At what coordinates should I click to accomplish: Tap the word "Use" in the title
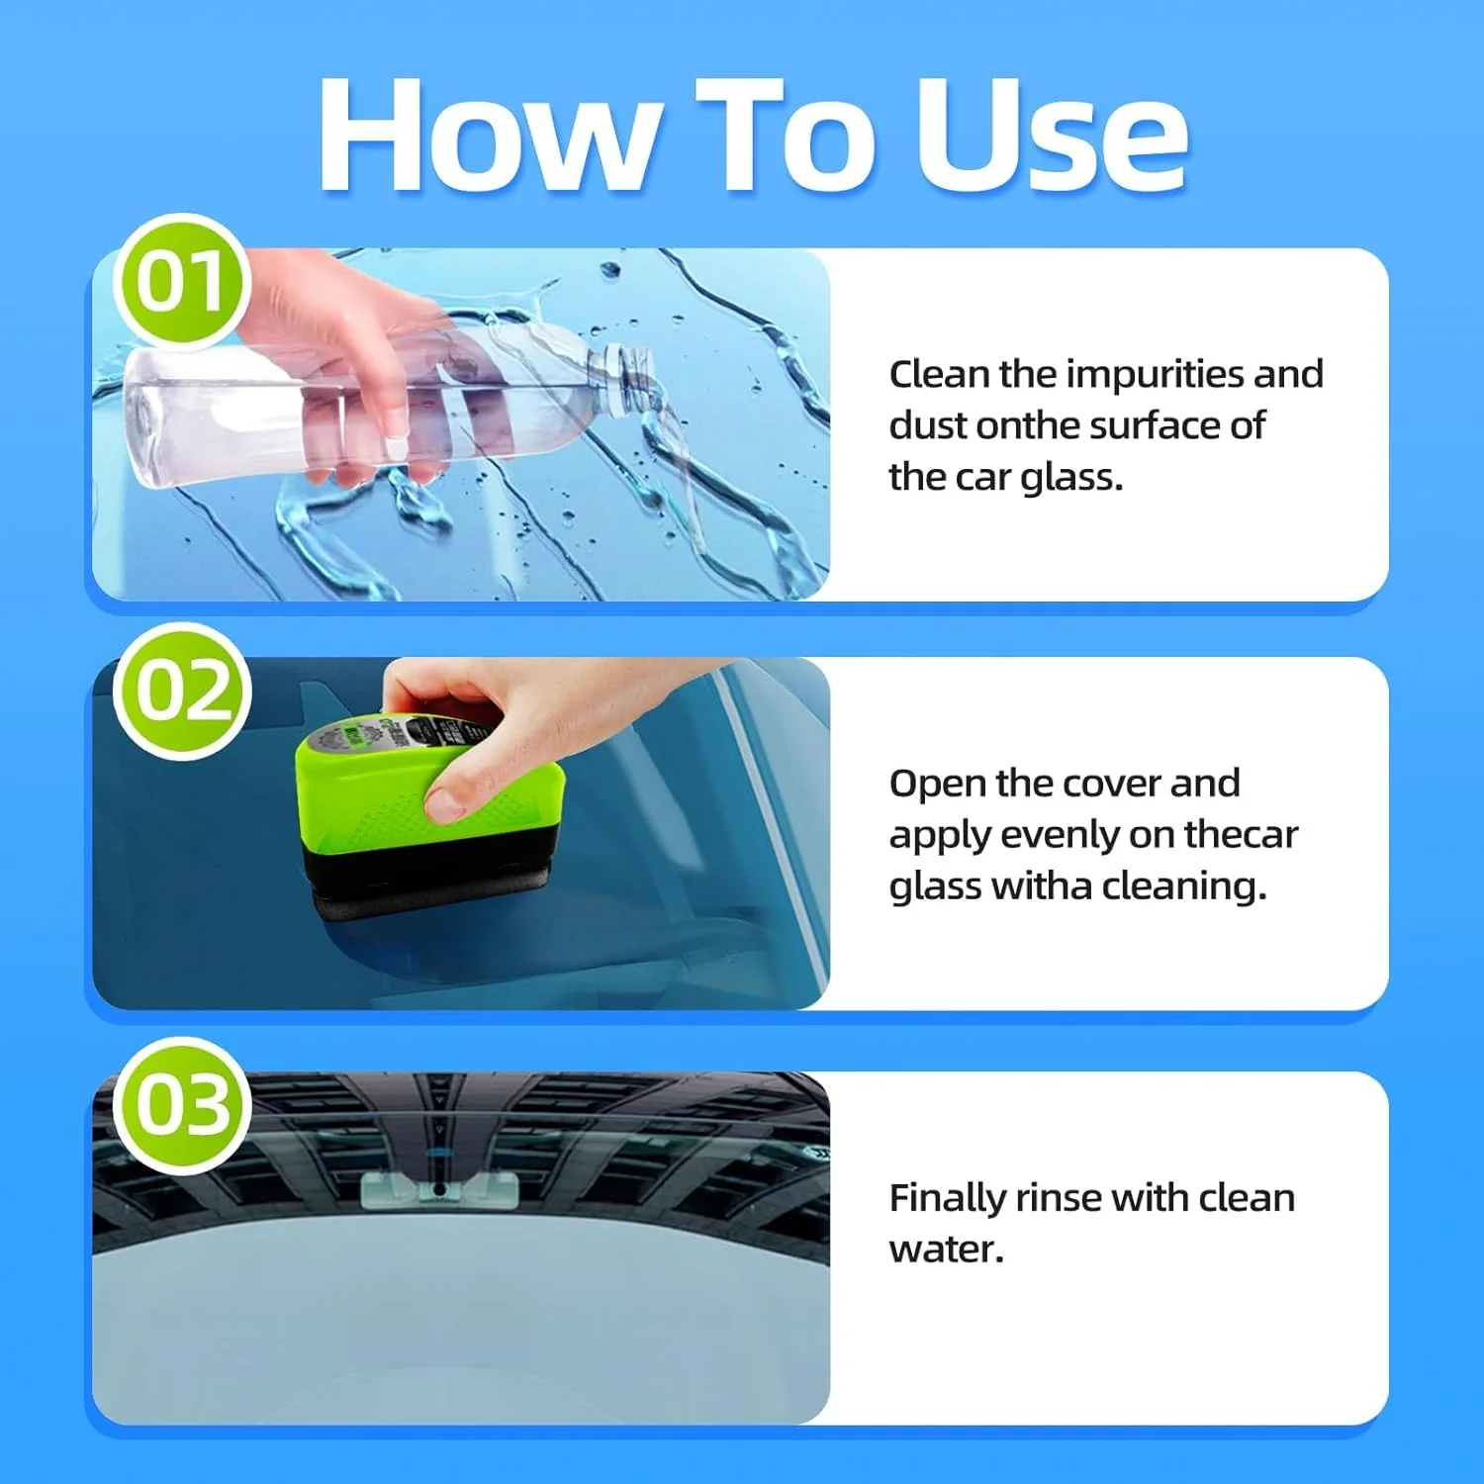pos(1051,136)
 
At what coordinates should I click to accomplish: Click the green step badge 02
pos(182,691)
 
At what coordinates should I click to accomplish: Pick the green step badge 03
pos(180,1105)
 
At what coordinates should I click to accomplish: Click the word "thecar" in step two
pos(1241,835)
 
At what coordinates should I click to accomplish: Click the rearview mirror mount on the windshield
pos(438,1190)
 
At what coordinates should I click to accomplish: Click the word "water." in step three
pos(946,1251)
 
